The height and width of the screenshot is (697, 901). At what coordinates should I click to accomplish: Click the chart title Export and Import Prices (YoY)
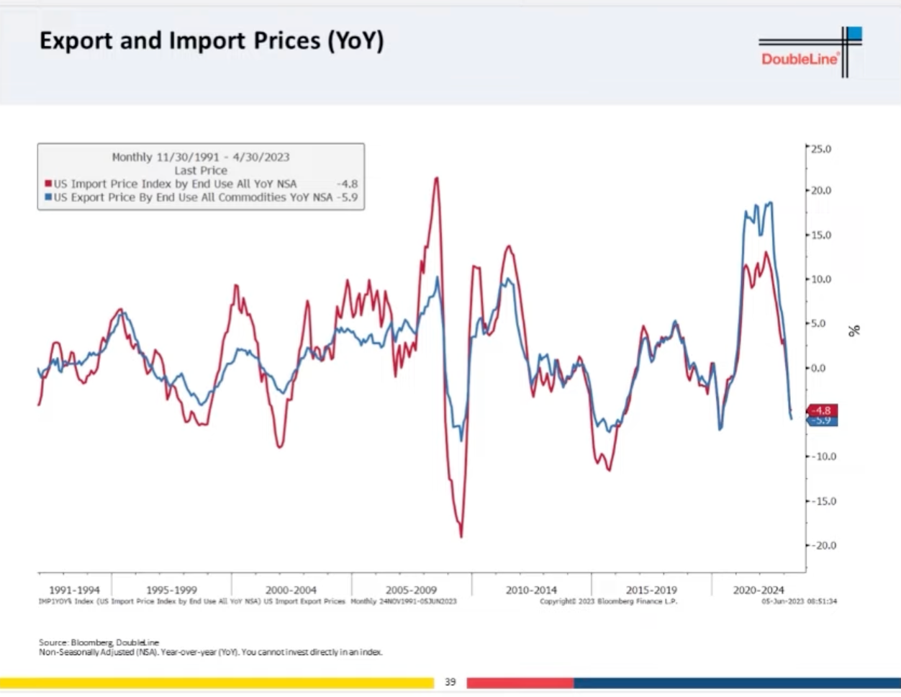tap(212, 41)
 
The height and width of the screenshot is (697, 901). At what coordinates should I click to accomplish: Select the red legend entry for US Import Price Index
tap(175, 184)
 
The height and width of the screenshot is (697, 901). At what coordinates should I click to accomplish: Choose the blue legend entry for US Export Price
tap(193, 197)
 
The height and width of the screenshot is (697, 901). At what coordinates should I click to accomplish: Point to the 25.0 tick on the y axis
tap(821, 149)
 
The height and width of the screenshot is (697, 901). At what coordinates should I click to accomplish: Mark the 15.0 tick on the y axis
tap(821, 235)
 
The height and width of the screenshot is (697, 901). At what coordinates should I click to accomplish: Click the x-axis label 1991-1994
tap(74, 590)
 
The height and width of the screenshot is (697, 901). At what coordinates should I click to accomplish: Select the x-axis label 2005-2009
tap(411, 590)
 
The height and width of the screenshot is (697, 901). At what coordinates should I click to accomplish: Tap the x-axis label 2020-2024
tap(758, 590)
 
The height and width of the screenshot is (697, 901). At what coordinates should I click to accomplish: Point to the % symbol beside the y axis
tap(854, 330)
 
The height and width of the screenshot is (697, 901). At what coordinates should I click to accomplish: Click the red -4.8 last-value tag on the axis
tap(822, 410)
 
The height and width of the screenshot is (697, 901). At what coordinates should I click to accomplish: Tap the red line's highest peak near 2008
tap(436, 178)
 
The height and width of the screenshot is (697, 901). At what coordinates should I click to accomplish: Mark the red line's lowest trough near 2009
tap(461, 536)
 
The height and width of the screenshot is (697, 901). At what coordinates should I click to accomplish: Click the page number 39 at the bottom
tap(450, 682)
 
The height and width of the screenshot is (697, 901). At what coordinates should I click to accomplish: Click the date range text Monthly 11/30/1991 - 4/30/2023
tap(201, 157)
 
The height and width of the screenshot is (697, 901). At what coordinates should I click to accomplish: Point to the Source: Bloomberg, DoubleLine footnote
tap(99, 642)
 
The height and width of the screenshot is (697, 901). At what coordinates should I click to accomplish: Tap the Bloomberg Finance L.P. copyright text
tap(608, 601)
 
